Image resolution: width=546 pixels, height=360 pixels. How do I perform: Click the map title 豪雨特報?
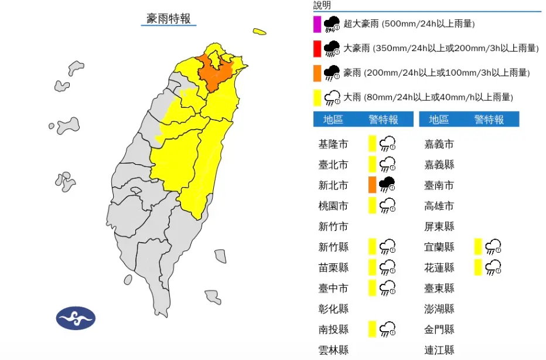(169, 19)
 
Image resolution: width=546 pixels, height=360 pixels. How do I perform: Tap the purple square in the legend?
(317, 24)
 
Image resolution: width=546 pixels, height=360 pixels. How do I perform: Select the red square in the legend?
(317, 48)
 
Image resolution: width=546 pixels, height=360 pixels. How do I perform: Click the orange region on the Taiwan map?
(216, 73)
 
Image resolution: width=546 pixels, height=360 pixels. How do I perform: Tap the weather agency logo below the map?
(76, 318)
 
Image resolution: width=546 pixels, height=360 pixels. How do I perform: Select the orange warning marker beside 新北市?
(372, 185)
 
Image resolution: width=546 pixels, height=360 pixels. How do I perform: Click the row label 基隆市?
(333, 144)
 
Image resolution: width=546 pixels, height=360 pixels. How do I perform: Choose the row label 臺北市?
(333, 165)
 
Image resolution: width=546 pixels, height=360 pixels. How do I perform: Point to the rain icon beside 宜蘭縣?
(494, 246)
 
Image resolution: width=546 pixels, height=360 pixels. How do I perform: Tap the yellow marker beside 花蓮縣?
(479, 267)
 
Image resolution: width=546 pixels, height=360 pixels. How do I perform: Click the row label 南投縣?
(333, 329)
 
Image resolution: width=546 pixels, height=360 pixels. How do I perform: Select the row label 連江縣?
(439, 350)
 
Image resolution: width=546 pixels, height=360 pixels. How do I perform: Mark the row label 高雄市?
(439, 206)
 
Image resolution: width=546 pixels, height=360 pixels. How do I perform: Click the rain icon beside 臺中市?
(387, 287)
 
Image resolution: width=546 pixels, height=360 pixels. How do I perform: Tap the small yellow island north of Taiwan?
(260, 32)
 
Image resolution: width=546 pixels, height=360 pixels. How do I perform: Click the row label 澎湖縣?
(439, 308)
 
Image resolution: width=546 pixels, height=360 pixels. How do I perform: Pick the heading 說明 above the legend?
(322, 5)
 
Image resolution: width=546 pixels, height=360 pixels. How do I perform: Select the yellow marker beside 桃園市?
(372, 205)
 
